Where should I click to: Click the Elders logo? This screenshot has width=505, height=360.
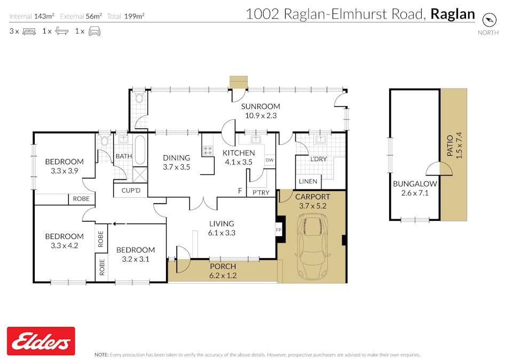[x=41, y=341]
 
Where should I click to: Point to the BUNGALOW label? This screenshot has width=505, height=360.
[x=415, y=183]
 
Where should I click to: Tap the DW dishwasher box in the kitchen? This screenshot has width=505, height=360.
[x=270, y=159]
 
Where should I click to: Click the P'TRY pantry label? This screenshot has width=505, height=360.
[x=261, y=193]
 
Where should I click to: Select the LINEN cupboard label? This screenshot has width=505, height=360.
[x=308, y=181]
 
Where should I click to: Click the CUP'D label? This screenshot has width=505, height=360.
[x=130, y=190]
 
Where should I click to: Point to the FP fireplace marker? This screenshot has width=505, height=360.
[x=278, y=230]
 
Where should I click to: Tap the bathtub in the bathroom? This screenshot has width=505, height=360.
[x=139, y=151]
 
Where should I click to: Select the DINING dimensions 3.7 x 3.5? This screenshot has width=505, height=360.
[x=176, y=167]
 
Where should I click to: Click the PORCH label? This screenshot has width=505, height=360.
[x=223, y=267]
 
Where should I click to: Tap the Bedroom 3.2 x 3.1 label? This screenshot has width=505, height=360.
[x=136, y=250]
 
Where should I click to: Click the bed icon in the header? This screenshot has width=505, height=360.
[x=29, y=31]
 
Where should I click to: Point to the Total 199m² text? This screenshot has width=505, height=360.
[x=125, y=16]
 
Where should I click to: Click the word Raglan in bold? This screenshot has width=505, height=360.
[x=453, y=14]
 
